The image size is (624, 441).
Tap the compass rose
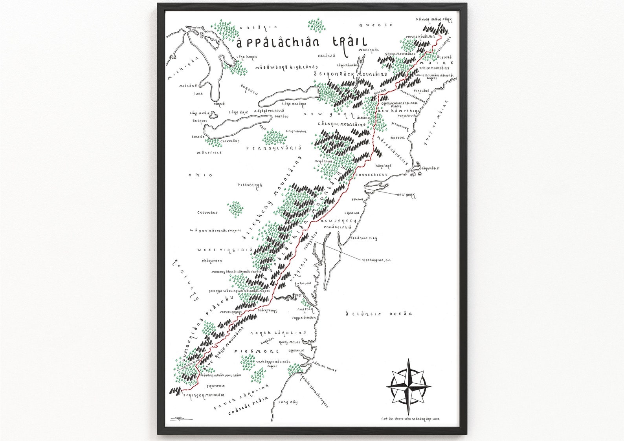(407, 386)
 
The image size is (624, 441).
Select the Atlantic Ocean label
(378, 314)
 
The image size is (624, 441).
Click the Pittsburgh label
(250, 185)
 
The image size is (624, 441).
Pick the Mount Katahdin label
(421, 37)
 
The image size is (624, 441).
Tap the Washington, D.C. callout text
(376, 260)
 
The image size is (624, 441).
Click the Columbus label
(207, 212)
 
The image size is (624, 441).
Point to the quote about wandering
(410, 419)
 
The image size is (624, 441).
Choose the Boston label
(398, 138)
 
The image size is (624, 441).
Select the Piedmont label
(257, 351)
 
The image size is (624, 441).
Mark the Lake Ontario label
(294, 104)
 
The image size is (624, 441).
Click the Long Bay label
(288, 402)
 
